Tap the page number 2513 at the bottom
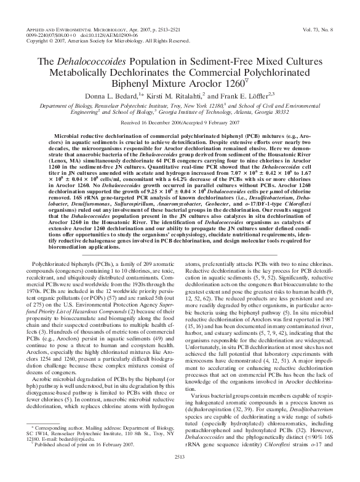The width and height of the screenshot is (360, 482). pyautogui.click(x=180, y=475)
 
